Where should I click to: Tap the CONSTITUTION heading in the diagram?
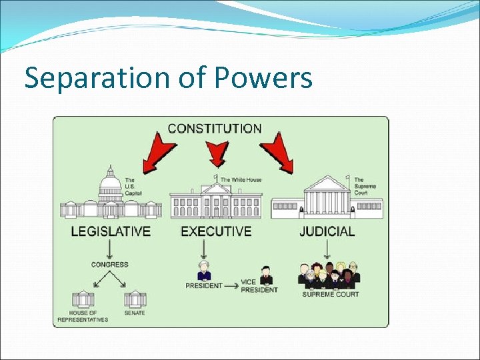(x=215, y=128)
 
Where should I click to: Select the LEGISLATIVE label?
(x=111, y=232)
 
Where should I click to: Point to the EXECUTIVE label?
(x=216, y=232)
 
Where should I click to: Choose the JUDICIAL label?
(x=327, y=232)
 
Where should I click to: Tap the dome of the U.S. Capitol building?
(x=111, y=182)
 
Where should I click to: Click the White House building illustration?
(x=216, y=199)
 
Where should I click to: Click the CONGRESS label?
(x=110, y=265)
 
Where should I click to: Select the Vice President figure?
(x=266, y=274)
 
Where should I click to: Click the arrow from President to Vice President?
(x=231, y=285)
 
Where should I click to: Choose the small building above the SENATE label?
(x=134, y=299)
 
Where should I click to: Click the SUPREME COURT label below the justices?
(x=331, y=294)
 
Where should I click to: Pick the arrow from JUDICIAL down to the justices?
(x=327, y=249)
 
